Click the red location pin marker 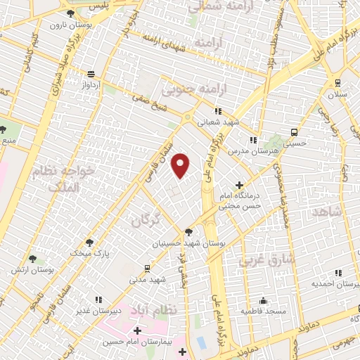click(181, 165)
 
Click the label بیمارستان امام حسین click(137, 341)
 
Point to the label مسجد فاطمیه click(262, 310)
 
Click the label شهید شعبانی click(218, 122)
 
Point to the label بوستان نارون click(67, 25)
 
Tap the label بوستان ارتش click(32, 269)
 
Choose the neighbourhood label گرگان click(146, 220)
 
